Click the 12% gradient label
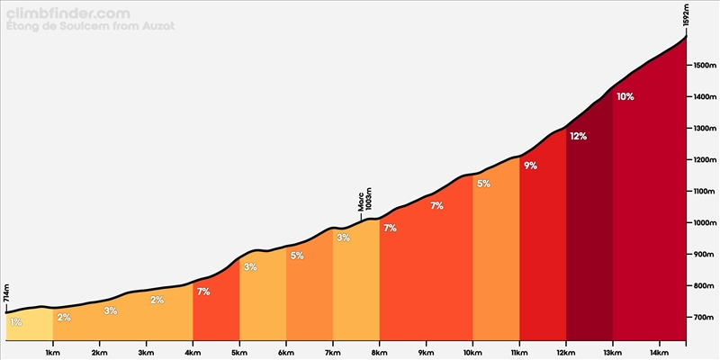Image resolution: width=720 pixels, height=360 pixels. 578,137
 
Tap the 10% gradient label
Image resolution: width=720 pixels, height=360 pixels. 625,97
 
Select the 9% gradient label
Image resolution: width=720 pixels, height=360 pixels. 530,166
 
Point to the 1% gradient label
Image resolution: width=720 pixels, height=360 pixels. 15,322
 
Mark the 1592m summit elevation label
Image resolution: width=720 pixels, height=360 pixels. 686,16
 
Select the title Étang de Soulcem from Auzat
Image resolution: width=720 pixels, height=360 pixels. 91,26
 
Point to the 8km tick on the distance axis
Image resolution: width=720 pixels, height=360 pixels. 379,343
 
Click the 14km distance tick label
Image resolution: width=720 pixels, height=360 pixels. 659,352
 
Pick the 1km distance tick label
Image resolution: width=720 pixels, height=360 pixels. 53,352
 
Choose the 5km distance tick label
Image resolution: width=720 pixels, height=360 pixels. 239,352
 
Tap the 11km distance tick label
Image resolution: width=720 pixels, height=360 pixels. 519,352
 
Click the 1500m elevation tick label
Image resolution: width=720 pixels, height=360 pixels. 703,66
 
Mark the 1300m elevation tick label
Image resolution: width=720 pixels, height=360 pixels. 703,129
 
